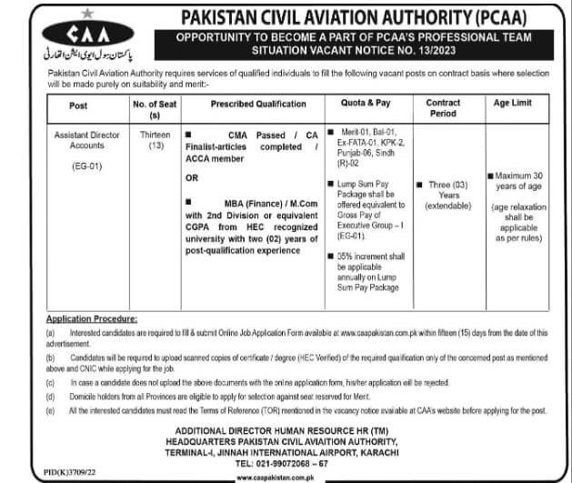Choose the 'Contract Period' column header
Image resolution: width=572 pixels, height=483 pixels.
coord(443,109)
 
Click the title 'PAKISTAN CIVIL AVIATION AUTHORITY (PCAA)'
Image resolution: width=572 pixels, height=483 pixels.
coord(361,17)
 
